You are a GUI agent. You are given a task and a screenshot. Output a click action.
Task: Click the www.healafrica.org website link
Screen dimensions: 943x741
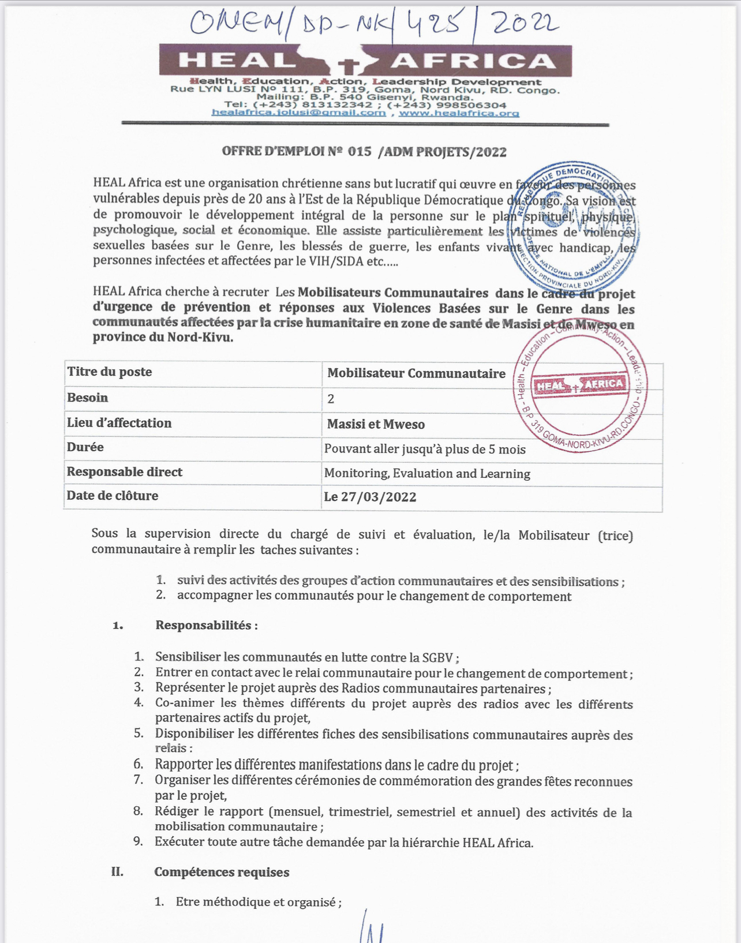point(459,113)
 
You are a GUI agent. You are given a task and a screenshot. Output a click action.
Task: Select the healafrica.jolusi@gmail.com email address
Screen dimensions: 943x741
point(298,113)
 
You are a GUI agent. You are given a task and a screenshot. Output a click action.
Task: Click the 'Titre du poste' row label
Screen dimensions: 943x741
point(110,372)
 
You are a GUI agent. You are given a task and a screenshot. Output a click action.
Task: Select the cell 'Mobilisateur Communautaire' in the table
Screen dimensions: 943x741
point(416,373)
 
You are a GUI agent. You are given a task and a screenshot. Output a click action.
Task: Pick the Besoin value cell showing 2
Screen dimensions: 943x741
point(331,399)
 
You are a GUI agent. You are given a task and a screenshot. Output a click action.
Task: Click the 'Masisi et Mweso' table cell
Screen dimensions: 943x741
point(376,424)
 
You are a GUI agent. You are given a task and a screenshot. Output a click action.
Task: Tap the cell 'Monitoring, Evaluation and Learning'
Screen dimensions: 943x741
point(427,474)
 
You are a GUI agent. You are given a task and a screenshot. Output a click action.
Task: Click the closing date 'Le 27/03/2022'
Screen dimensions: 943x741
point(370,497)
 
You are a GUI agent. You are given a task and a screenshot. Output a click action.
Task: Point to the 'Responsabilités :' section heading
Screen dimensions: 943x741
point(207,625)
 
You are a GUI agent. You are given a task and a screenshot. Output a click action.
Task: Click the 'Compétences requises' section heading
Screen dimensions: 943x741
point(222,872)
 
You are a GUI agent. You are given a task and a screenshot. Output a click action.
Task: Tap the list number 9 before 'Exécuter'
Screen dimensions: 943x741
point(138,841)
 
